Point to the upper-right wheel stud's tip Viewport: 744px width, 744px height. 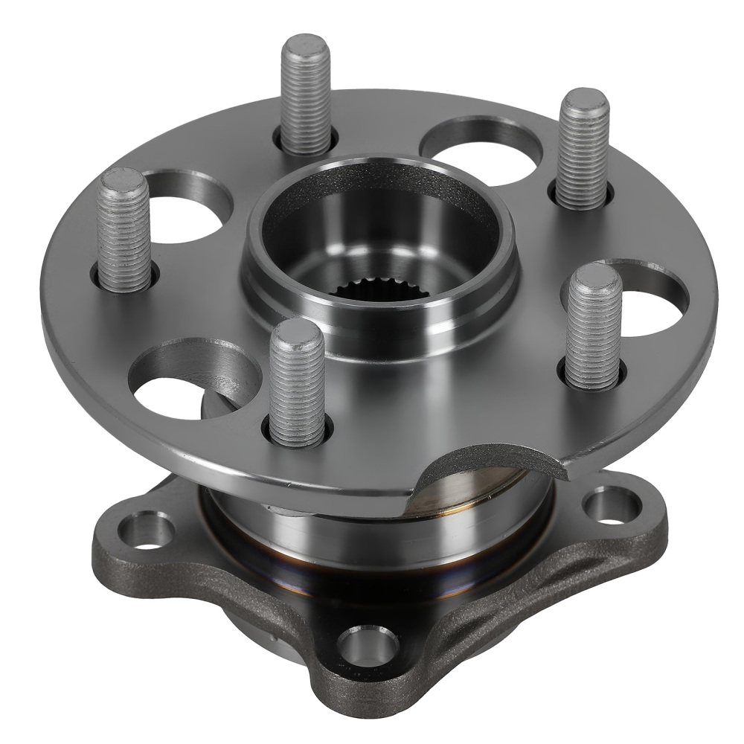click(x=584, y=102)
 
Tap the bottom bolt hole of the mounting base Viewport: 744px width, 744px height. click(x=367, y=641)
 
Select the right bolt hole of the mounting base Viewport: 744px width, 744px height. click(x=612, y=505)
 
